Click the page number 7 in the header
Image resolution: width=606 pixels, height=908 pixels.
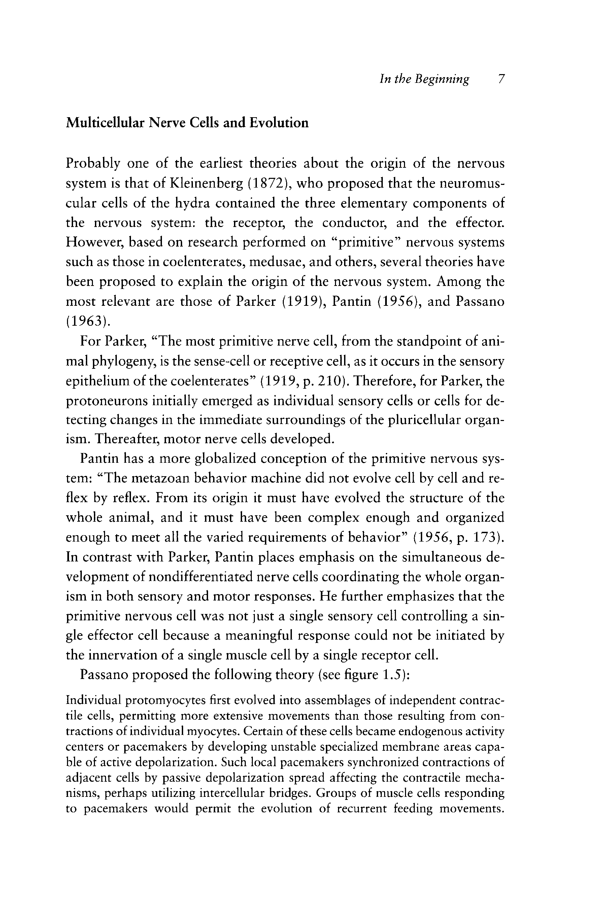tap(501, 79)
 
